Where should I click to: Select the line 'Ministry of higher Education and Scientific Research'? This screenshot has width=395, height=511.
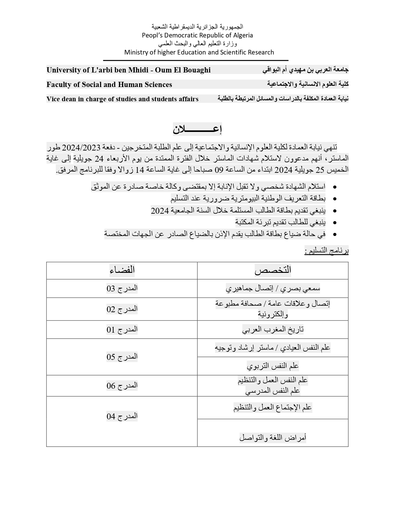click(x=199, y=52)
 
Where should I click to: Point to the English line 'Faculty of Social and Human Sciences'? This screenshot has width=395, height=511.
click(x=109, y=85)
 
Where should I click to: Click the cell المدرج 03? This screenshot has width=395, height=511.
click(x=122, y=288)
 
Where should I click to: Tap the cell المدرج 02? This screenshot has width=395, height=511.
click(x=122, y=309)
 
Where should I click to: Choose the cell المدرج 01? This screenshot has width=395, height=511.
click(x=122, y=330)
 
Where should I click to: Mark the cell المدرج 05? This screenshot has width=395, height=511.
click(x=122, y=357)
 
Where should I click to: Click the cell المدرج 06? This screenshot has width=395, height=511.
click(x=122, y=386)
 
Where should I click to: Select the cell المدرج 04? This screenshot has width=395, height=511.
click(x=122, y=416)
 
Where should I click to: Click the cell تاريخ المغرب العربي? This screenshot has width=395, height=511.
click(x=273, y=330)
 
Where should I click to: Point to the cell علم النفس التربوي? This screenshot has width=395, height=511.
click(x=273, y=366)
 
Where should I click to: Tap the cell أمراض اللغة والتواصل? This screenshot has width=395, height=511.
click(x=273, y=438)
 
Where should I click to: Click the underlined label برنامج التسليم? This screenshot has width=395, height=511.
click(x=327, y=251)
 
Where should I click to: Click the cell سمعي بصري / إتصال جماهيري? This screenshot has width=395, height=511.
click(x=273, y=289)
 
